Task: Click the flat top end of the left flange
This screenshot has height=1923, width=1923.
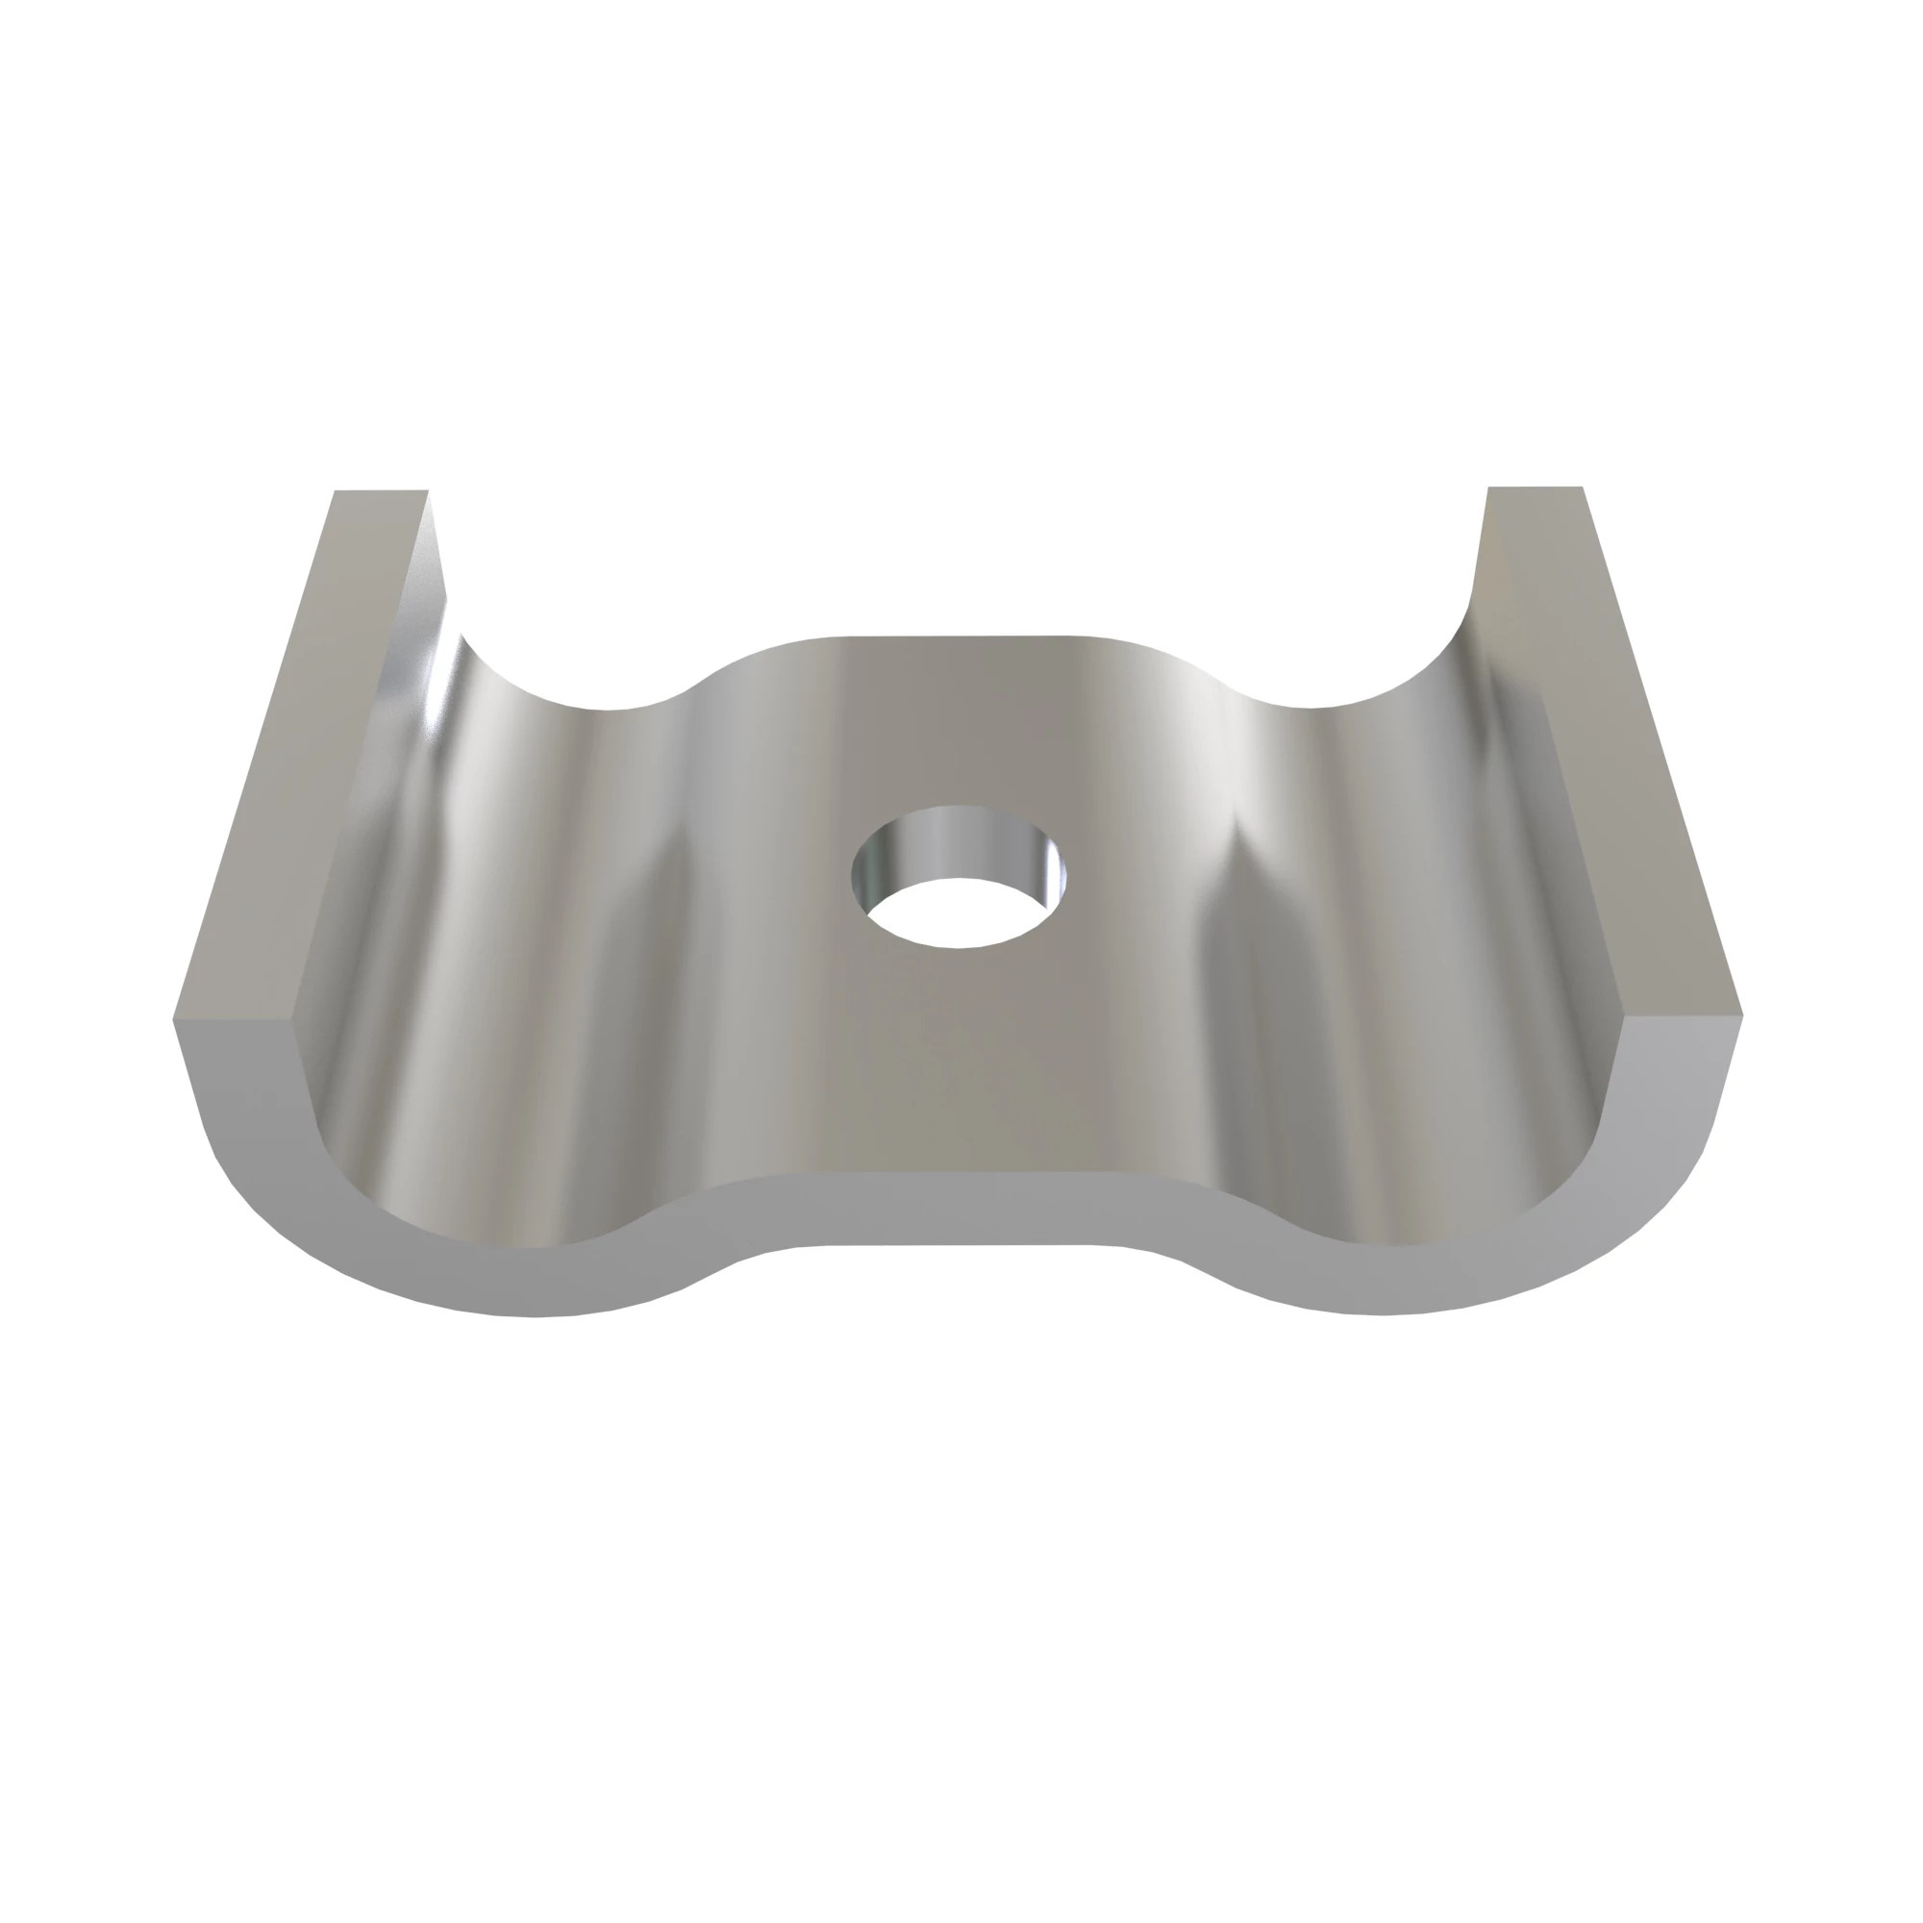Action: [x=381, y=494]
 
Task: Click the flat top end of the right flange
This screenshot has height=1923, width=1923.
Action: [x=1534, y=490]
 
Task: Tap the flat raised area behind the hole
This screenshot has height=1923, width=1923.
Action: [x=956, y=716]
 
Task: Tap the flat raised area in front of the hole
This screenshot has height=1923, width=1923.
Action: [x=956, y=1075]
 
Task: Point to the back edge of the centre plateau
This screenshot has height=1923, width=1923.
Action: [x=956, y=638]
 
